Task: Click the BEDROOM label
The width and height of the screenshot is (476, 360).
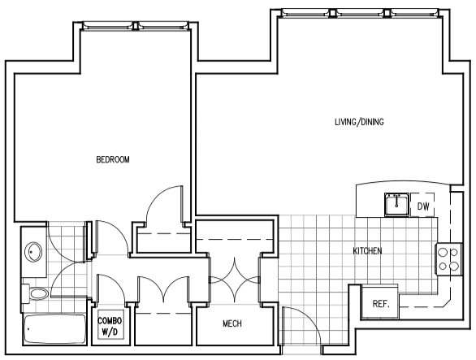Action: click(113, 159)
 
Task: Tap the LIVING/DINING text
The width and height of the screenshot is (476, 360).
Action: click(359, 122)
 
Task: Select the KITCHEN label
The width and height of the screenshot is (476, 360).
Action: click(367, 251)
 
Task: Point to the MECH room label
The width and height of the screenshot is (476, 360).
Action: click(232, 323)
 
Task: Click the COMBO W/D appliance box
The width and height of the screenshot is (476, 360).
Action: click(110, 324)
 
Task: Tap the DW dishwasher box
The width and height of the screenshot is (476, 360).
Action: click(422, 205)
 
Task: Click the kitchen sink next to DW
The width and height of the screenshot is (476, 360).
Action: click(396, 205)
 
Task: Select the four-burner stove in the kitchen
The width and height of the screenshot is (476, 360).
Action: click(448, 259)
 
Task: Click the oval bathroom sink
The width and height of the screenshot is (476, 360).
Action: click(33, 252)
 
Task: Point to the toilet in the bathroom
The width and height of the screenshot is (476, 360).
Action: click(34, 294)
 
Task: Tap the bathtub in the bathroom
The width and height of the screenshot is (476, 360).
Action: click(54, 329)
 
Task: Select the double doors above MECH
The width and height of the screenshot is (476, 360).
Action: click(234, 280)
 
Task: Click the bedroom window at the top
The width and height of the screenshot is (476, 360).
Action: click(136, 26)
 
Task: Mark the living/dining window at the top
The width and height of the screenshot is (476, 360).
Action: click(360, 13)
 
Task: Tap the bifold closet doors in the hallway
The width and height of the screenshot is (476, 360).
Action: click(163, 289)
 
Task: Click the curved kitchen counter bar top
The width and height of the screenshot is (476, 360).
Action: click(403, 183)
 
